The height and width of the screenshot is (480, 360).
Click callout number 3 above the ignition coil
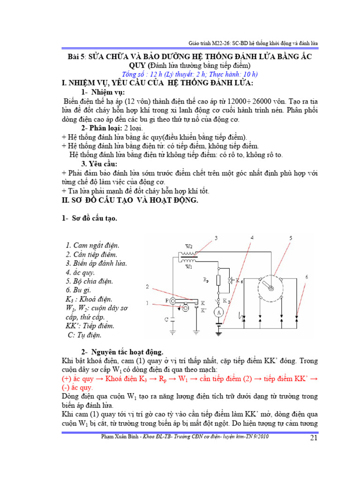tap(216, 239)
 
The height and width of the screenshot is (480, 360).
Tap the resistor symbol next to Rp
tap(218, 280)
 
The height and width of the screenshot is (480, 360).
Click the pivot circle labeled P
tap(172, 300)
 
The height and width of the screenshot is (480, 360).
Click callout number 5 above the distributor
tap(291, 238)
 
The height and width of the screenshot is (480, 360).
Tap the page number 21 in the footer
tap(315, 438)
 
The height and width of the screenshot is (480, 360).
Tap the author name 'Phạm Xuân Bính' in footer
tap(123, 436)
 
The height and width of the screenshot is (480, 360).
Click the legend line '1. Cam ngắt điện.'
tap(92, 245)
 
